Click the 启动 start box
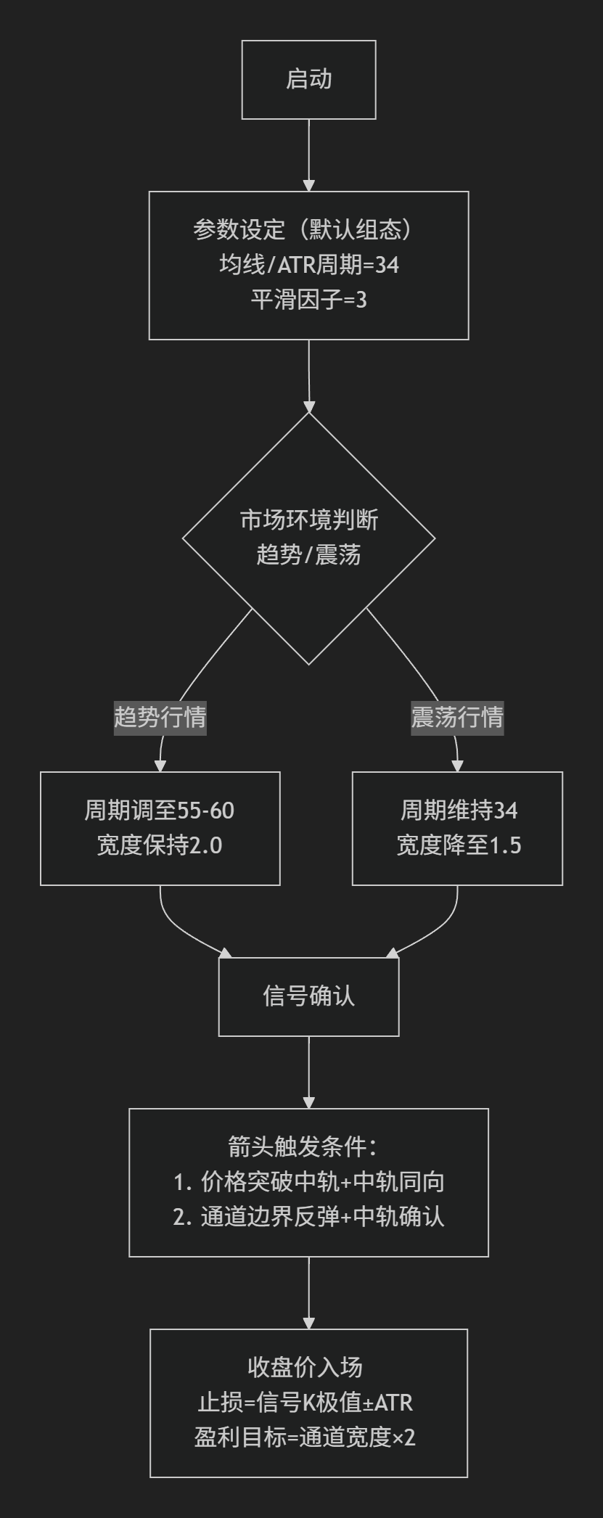[x=308, y=80]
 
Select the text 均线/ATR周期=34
[x=308, y=265]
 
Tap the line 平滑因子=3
[x=308, y=300]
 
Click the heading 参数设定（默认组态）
[x=308, y=230]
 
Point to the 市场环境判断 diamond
[x=308, y=538]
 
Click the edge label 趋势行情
[x=160, y=718]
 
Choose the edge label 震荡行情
[x=457, y=718]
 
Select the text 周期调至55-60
[x=160, y=811]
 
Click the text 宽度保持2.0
[x=160, y=845]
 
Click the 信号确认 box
[x=308, y=996]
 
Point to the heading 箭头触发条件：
[x=308, y=1147]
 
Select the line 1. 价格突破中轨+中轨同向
[x=308, y=1182]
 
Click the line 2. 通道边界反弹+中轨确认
[x=308, y=1217]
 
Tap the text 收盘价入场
[x=305, y=1368]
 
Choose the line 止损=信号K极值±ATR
[x=305, y=1403]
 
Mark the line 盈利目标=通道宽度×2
[x=305, y=1437]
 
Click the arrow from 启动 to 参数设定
[x=308, y=155]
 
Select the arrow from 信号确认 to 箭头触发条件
[x=308, y=1072]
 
